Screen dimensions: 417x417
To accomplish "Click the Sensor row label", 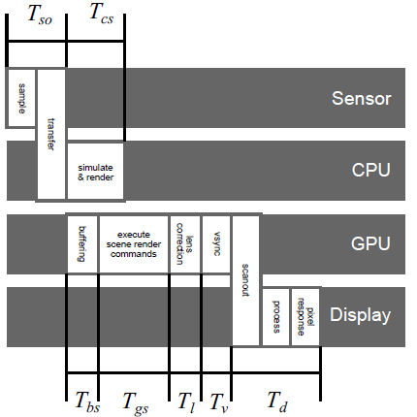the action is coord(362,98).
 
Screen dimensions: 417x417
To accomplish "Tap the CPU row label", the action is coord(370,170).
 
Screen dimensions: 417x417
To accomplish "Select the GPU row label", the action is coord(370,243).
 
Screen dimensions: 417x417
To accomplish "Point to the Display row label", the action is coord(360,315).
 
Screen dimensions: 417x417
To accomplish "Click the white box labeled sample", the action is coord(21,98).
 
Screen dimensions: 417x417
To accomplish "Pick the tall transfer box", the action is coord(51,134).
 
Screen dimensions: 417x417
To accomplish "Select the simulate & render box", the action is coord(95,172).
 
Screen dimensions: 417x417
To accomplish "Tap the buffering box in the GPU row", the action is coord(82,244).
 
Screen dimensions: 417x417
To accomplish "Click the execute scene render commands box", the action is coord(134,244).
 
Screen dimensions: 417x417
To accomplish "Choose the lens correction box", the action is coord(185,244).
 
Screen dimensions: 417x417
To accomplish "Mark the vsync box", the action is coord(216,244).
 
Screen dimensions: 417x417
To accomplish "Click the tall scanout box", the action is coord(245,280).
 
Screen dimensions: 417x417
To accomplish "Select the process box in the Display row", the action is coord(275,317).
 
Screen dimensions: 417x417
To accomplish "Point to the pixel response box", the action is coord(305,317).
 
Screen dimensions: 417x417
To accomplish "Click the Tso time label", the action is coord(40,16).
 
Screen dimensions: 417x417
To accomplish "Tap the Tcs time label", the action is coord(101,15).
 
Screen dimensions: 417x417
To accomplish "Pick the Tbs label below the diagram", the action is coord(87,401).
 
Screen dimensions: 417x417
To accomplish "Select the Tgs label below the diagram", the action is coord(136,403).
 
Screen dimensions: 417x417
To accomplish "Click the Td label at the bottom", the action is coord(277,401).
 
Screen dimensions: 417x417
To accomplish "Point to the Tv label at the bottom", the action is coord(219,402).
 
